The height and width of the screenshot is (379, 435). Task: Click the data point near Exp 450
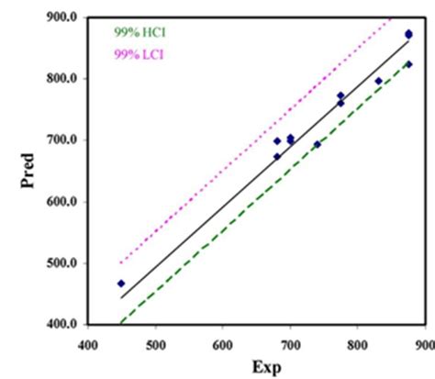click(x=121, y=284)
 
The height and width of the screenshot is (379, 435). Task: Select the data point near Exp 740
click(x=318, y=144)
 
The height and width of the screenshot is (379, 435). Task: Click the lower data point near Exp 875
click(x=408, y=64)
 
